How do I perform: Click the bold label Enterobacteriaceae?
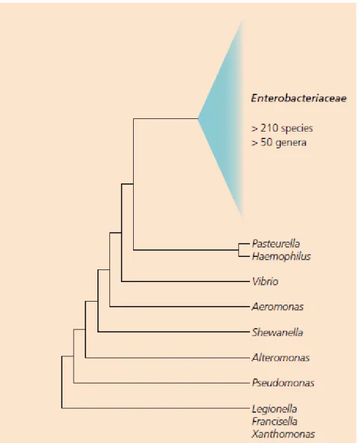click(298, 98)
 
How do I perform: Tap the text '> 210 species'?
click(282, 128)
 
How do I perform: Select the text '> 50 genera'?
click(279, 142)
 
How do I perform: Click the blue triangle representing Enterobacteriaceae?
click(223, 119)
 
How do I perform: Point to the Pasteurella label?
click(276, 244)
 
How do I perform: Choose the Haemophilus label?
click(282, 257)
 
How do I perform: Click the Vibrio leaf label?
click(265, 281)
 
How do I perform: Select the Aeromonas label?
click(277, 307)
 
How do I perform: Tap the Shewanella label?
click(277, 332)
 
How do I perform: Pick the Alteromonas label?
click(281, 358)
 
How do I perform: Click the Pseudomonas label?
click(283, 383)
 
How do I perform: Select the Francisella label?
click(275, 421)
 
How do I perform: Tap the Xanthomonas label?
click(283, 434)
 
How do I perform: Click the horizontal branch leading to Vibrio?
click(186, 281)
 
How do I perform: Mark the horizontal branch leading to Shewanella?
click(174, 332)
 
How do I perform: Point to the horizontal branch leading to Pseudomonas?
click(162, 383)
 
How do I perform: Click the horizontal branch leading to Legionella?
click(155, 408)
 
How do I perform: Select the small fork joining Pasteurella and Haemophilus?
click(239, 250)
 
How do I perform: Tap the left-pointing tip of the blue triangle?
click(198, 119)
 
